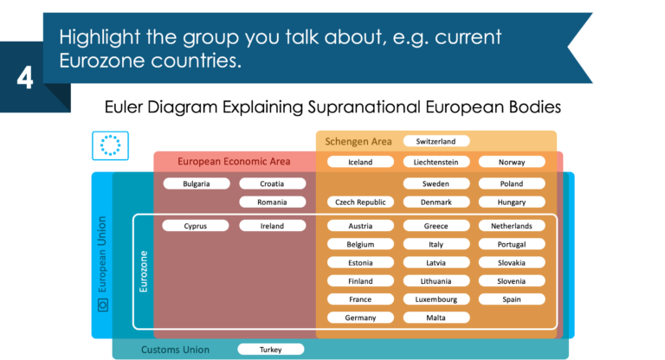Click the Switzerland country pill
click(x=436, y=141)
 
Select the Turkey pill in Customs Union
click(x=271, y=350)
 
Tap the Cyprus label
click(x=196, y=226)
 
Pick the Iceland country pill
click(x=360, y=162)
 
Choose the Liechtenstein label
click(x=436, y=162)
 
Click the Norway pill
click(x=512, y=162)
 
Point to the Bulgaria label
click(x=196, y=183)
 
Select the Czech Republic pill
click(x=360, y=202)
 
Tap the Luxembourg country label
click(x=436, y=299)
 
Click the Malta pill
click(x=436, y=318)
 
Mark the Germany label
click(x=360, y=318)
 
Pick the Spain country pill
click(x=512, y=299)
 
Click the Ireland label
click(x=272, y=226)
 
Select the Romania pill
click(x=272, y=202)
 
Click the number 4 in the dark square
click(x=24, y=79)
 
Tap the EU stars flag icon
click(x=110, y=145)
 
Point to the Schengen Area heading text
click(x=358, y=141)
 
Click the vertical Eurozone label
click(x=144, y=271)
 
